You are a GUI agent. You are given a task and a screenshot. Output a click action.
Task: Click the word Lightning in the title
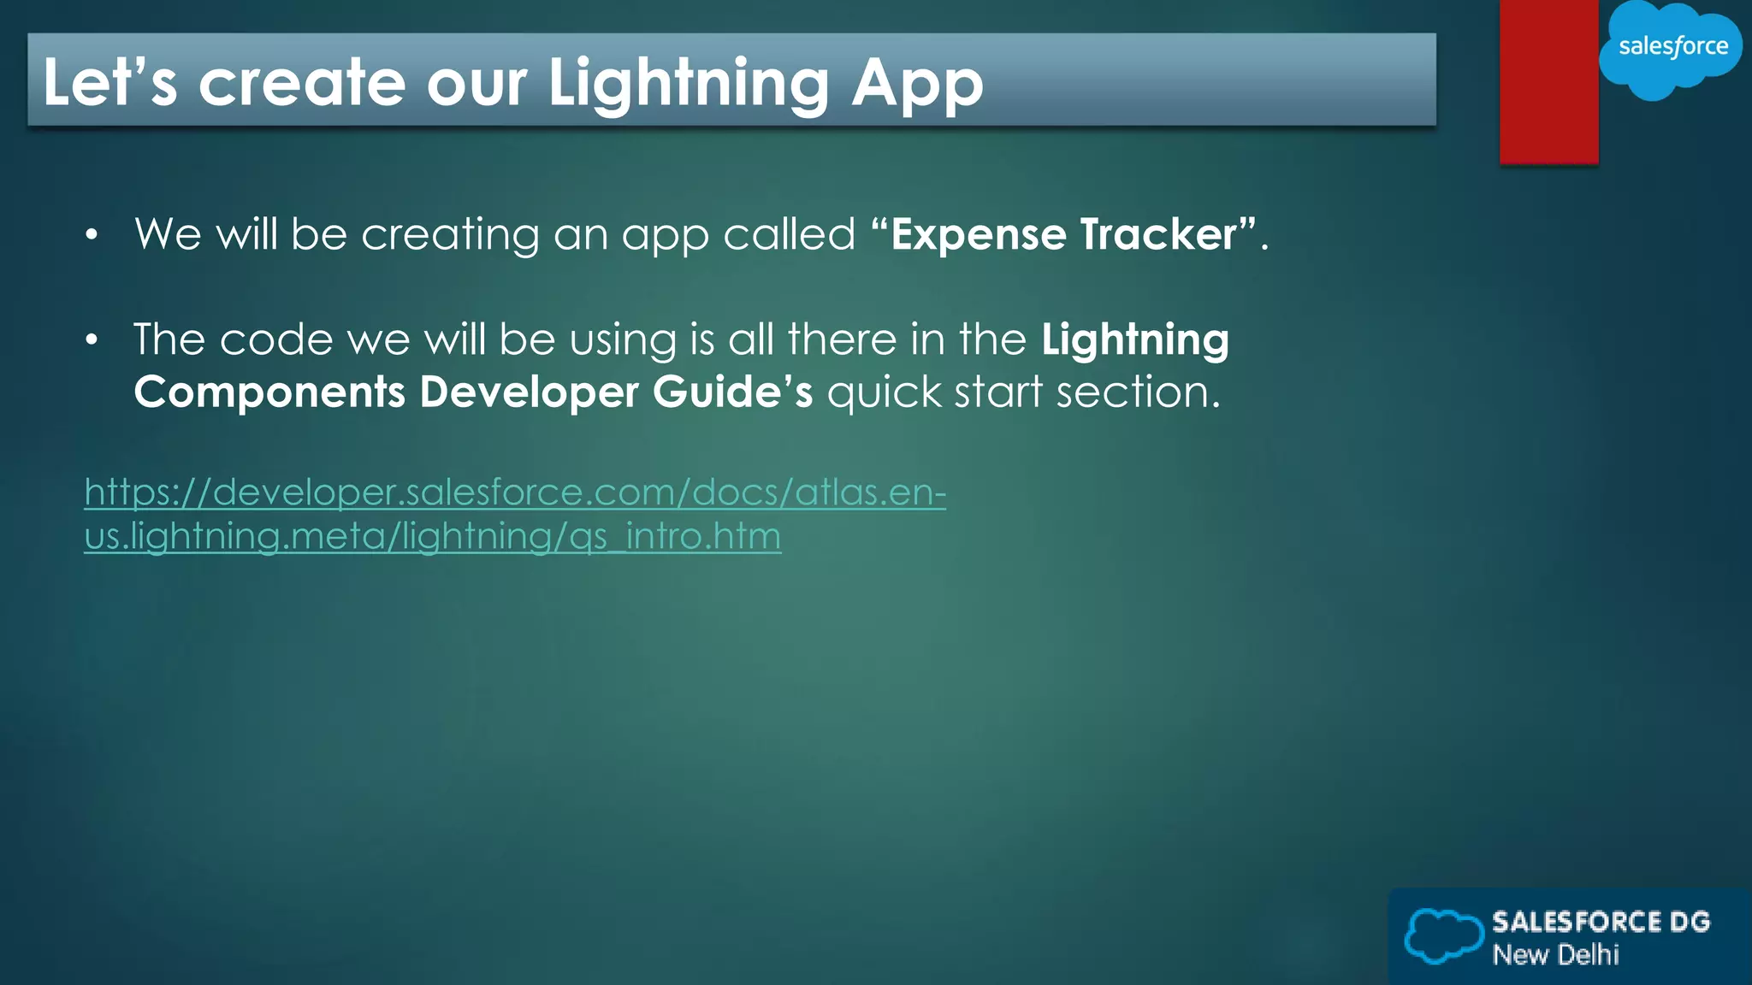pyautogui.click(x=688, y=83)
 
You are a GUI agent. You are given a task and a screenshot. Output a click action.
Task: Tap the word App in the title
pyautogui.click(x=917, y=83)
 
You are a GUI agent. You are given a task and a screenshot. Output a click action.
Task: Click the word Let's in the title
pyautogui.click(x=109, y=83)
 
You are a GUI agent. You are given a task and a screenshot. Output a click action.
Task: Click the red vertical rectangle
pyautogui.click(x=1548, y=81)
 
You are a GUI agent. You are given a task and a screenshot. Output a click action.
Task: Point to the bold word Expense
pyautogui.click(x=980, y=234)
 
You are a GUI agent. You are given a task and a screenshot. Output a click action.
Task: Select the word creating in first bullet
pyautogui.click(x=450, y=234)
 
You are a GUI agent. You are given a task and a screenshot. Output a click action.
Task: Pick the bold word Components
pyautogui.click(x=269, y=392)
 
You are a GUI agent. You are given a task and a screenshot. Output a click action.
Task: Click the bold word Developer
pyautogui.click(x=529, y=392)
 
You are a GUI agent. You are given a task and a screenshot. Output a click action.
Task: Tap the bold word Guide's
pyautogui.click(x=732, y=392)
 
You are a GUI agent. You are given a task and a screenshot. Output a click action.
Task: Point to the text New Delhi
pyautogui.click(x=1555, y=954)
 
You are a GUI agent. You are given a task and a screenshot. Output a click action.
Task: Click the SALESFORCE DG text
pyautogui.click(x=1601, y=922)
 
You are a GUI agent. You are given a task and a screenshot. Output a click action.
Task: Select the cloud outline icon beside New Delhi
pyautogui.click(x=1443, y=935)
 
